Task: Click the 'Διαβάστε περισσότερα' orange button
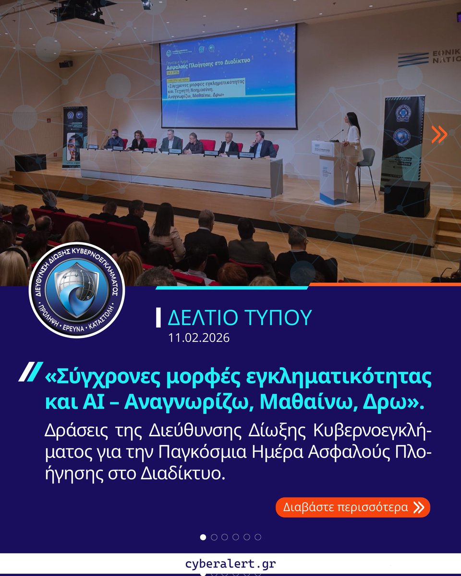coord(352,507)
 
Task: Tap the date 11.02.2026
coord(199,338)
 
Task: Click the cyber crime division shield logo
coord(77,290)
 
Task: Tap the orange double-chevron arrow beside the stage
coord(438,135)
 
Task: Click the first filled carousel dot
coord(203,537)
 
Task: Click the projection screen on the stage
coord(228,77)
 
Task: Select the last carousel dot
coord(258,537)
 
